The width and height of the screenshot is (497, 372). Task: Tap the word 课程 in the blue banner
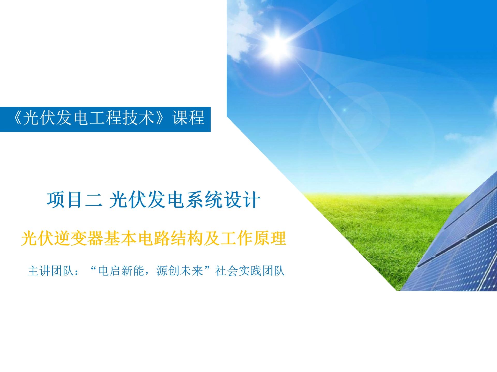click(188, 118)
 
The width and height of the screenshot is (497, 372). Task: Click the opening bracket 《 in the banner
click(17, 118)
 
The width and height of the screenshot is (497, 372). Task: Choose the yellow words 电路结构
click(170, 238)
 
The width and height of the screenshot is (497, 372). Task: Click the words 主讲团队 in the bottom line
click(50, 271)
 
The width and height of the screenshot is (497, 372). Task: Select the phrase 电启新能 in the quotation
click(121, 271)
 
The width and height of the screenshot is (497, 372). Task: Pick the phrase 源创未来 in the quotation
click(180, 271)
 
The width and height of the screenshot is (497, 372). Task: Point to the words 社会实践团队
click(250, 271)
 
